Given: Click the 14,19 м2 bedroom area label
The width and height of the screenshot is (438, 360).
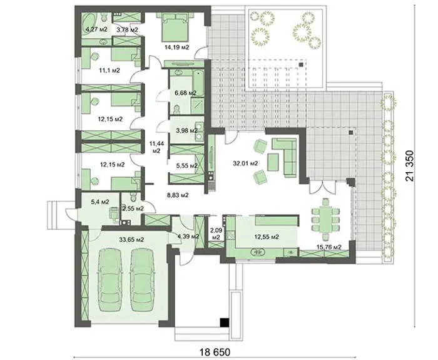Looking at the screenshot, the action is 176,47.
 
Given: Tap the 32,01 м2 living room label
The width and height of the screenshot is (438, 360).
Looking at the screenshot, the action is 245,163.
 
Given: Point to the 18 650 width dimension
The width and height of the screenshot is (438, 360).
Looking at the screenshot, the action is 215,352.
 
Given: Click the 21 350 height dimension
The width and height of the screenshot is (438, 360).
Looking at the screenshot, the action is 409,166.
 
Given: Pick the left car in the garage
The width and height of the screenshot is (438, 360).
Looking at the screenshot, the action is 111,280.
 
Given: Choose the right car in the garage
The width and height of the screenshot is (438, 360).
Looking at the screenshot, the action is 143,280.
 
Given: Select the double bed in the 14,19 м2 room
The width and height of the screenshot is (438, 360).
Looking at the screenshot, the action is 175,27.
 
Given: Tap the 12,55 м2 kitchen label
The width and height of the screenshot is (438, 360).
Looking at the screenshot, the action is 267,237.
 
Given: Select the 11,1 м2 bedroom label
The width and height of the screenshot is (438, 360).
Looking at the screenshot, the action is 109,70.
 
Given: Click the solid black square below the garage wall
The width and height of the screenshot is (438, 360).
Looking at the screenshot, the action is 224,322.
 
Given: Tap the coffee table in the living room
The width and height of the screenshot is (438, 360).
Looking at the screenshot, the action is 273,162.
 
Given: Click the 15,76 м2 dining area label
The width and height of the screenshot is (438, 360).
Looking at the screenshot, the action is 329,247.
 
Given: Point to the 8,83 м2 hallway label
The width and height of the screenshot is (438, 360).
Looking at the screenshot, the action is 178,195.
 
